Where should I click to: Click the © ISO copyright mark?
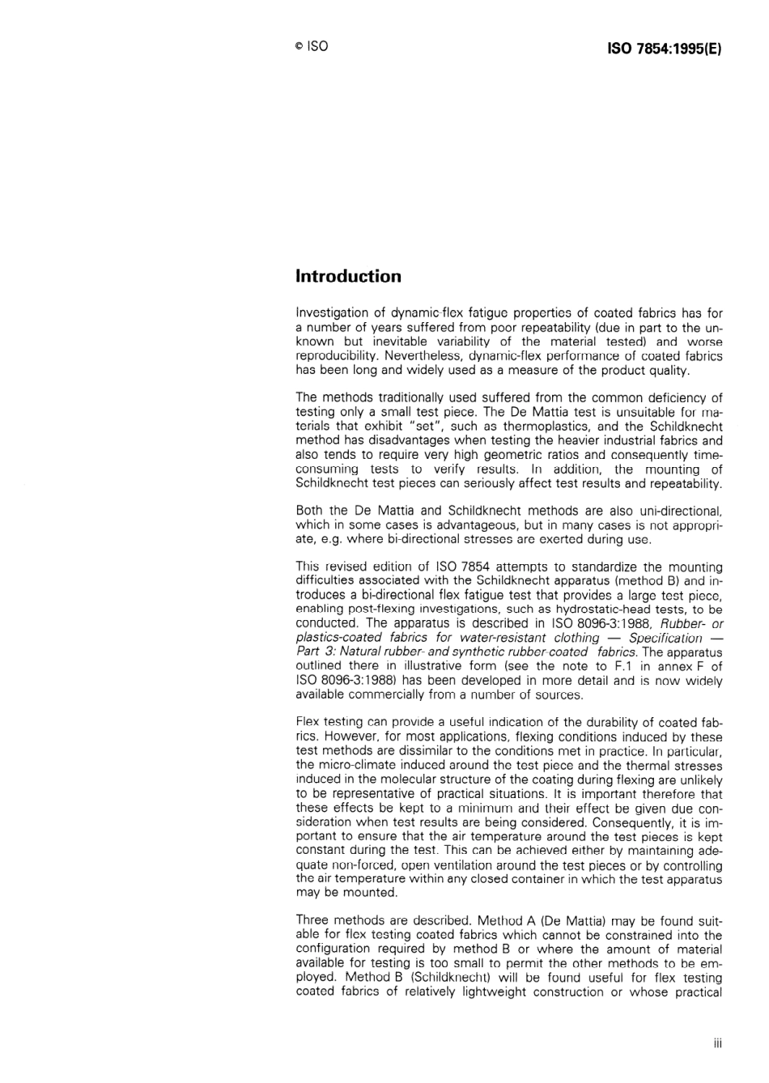[x=312, y=47]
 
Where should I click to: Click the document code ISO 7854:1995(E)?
[x=664, y=48]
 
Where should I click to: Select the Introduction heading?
[x=348, y=277]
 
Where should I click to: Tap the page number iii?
[x=717, y=1043]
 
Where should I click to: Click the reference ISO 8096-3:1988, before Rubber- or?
[x=605, y=623]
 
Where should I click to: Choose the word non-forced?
[x=329, y=864]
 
